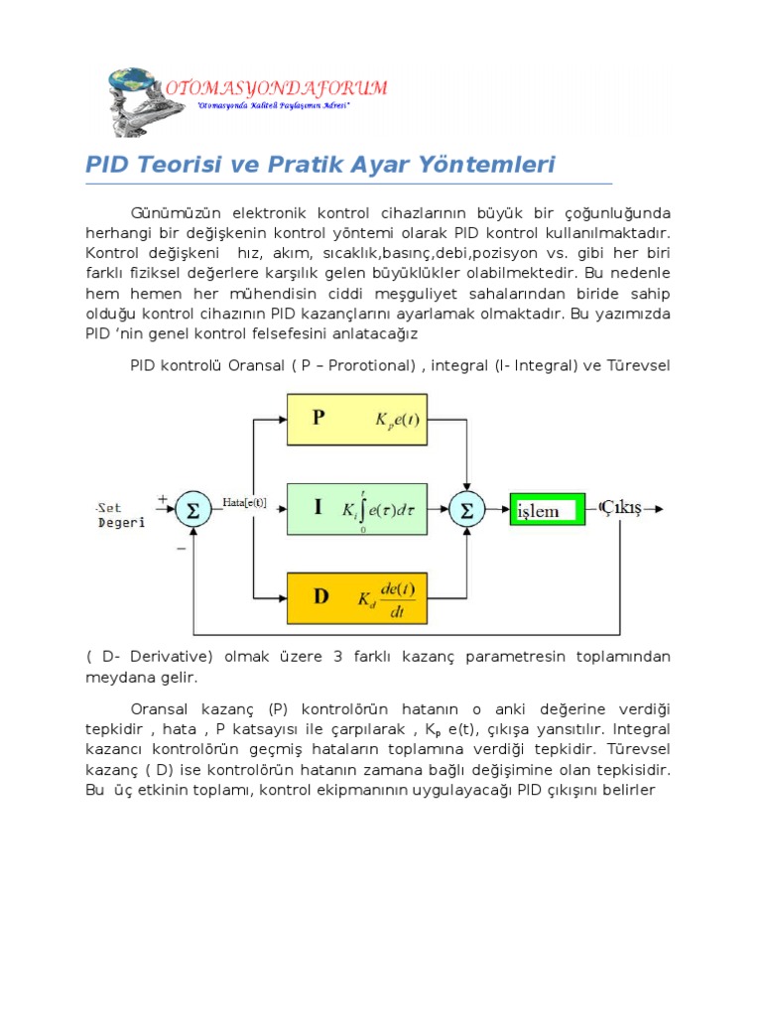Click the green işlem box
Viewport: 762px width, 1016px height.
tap(548, 511)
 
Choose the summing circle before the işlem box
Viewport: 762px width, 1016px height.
tap(463, 510)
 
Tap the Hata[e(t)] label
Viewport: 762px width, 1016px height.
tap(245, 502)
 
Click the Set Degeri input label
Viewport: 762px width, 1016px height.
tap(120, 514)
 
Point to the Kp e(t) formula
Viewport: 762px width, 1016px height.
tap(397, 419)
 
